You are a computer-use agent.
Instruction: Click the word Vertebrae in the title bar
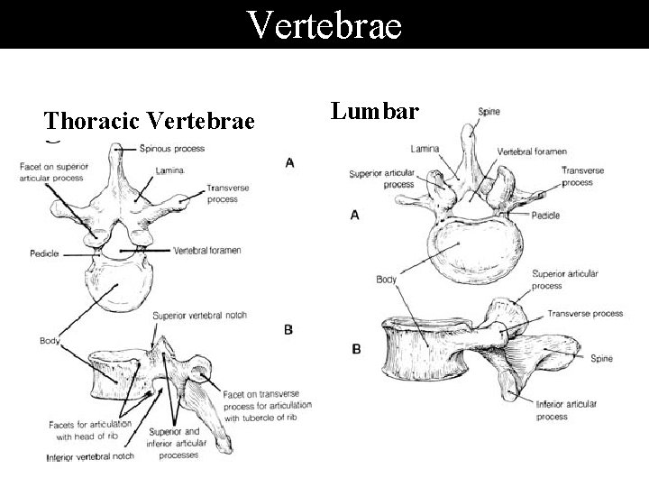(x=324, y=24)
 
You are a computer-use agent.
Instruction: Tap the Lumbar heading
(x=374, y=111)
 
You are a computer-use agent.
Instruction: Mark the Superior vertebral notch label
(x=200, y=316)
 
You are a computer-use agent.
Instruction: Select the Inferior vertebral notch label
(x=90, y=457)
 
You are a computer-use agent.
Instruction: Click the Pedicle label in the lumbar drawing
(x=546, y=216)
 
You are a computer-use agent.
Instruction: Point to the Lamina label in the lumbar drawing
(x=424, y=148)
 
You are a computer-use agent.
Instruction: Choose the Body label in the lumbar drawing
(x=387, y=280)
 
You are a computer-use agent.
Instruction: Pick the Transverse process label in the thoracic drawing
(x=221, y=193)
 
